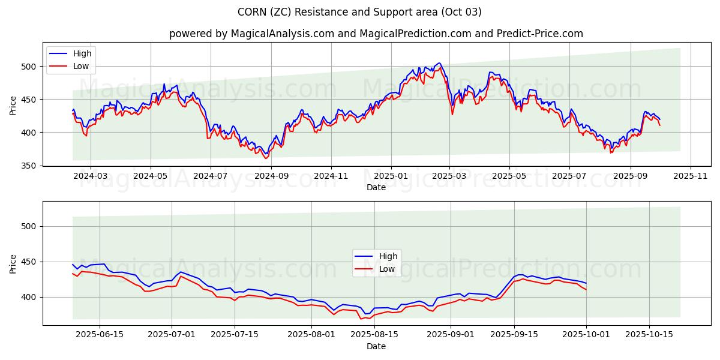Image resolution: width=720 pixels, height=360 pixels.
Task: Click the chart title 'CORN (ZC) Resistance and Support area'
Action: tap(359, 12)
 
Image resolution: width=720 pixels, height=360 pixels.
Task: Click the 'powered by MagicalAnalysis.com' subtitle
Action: tap(376, 34)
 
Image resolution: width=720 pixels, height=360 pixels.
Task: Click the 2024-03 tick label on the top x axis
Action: tap(90, 176)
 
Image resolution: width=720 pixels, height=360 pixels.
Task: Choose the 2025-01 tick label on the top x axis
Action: tap(391, 176)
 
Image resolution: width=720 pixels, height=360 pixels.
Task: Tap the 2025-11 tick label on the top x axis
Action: tap(691, 176)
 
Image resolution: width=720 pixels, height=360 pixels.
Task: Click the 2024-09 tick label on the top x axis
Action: tap(271, 176)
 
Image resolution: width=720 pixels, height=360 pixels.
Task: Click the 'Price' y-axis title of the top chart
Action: tap(13, 105)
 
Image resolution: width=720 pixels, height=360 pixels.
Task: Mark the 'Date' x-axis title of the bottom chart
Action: tap(376, 346)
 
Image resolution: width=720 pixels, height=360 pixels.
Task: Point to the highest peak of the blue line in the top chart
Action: tap(439, 63)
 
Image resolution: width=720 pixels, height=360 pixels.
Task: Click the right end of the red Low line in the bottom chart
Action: tap(586, 290)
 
